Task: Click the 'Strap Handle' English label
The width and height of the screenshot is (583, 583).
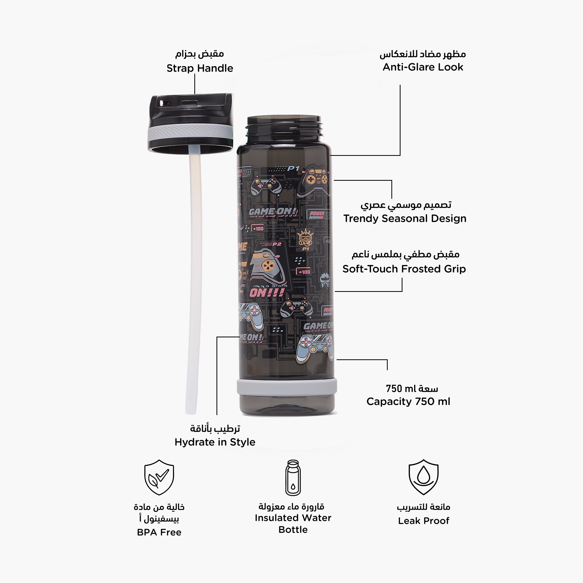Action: click(200, 68)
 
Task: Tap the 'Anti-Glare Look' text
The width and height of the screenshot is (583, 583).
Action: click(423, 67)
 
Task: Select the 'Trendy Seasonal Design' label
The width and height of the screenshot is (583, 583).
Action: click(405, 218)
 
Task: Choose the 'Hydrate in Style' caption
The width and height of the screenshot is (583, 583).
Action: click(215, 442)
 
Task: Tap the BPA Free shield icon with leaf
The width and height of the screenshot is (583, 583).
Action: click(159, 477)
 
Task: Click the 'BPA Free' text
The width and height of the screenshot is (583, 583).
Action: click(159, 532)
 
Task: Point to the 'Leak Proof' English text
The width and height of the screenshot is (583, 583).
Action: click(423, 521)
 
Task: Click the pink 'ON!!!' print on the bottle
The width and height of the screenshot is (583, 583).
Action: click(267, 292)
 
